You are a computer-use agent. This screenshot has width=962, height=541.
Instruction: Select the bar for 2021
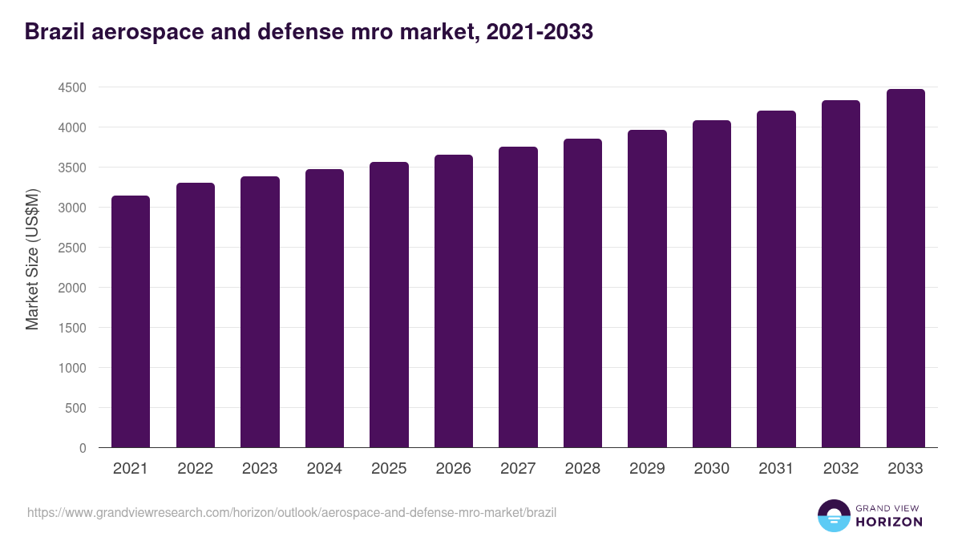tap(131, 321)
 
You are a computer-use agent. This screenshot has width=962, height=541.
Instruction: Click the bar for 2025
tap(389, 305)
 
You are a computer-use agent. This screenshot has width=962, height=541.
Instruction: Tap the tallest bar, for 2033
tap(905, 268)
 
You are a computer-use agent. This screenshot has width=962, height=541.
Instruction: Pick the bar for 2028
tap(583, 293)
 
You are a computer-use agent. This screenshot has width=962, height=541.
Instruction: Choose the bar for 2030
tap(712, 284)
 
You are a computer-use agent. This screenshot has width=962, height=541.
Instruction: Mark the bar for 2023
tap(260, 312)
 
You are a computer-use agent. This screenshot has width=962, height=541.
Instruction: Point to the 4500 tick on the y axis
tap(72, 87)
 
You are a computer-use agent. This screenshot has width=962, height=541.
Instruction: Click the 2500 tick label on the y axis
tap(72, 248)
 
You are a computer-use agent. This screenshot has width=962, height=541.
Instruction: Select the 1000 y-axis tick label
tap(72, 368)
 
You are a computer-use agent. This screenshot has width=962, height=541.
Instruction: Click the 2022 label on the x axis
tap(195, 469)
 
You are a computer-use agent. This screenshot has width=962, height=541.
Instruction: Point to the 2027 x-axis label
tap(518, 469)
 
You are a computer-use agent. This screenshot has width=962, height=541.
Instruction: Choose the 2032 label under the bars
tap(841, 469)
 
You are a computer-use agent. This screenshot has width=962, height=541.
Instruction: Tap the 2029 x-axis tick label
tap(647, 469)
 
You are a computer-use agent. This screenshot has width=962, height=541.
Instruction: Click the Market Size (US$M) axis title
tap(33, 260)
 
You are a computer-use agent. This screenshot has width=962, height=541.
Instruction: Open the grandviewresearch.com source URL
tap(292, 512)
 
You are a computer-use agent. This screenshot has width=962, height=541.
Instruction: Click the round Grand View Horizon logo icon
tap(834, 516)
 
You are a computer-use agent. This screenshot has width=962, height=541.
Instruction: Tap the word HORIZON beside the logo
tap(889, 522)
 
